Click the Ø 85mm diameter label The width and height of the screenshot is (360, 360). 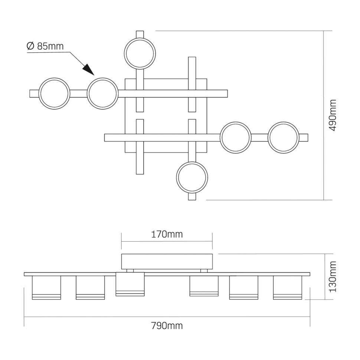[x=45, y=46]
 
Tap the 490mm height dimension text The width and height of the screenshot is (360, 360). [x=333, y=115]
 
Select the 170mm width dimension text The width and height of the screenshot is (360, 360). [x=167, y=235]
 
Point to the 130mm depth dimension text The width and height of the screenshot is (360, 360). [x=333, y=276]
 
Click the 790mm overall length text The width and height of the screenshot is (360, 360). [x=167, y=326]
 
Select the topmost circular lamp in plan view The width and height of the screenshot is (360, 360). [x=140, y=53]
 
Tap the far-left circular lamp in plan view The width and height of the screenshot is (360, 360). [x=54, y=94]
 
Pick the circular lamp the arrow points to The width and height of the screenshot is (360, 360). [x=103, y=94]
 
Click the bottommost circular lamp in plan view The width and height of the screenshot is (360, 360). [x=192, y=177]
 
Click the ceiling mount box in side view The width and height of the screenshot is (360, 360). [x=167, y=261]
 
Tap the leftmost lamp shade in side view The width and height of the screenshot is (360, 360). [x=46, y=287]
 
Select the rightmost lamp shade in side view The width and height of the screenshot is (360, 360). [x=287, y=287]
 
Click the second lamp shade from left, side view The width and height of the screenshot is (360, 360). [x=90, y=287]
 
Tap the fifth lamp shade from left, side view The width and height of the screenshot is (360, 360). [x=243, y=287]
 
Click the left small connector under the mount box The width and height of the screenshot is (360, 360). [x=130, y=271]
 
